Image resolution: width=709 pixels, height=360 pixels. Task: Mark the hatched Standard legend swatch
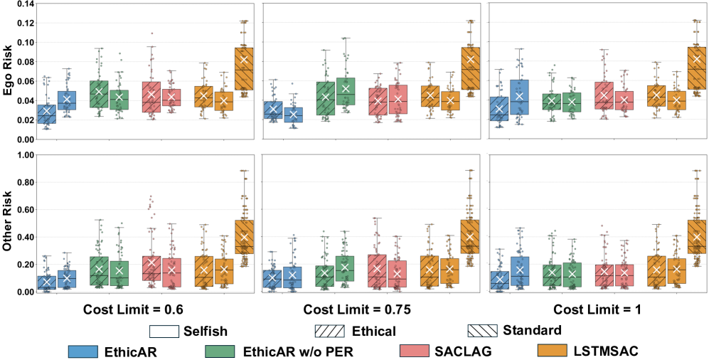484,331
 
